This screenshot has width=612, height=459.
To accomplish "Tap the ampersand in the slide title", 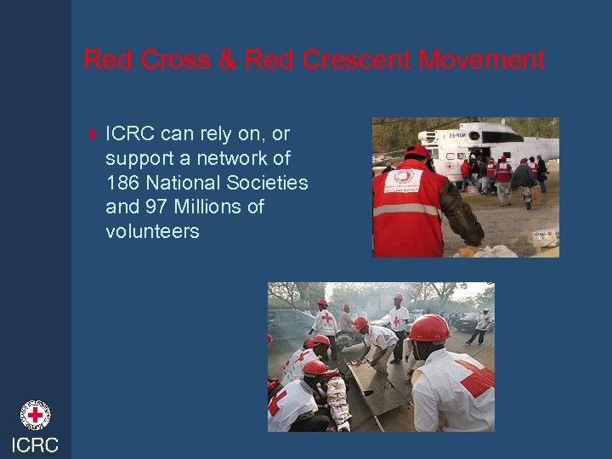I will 227,60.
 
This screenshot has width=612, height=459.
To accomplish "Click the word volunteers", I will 152,231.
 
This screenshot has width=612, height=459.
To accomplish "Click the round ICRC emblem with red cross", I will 35,415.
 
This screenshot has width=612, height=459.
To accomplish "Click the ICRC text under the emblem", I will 35,445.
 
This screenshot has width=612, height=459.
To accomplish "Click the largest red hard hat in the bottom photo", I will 428,328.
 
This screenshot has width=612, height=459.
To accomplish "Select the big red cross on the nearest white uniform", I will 473,377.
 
